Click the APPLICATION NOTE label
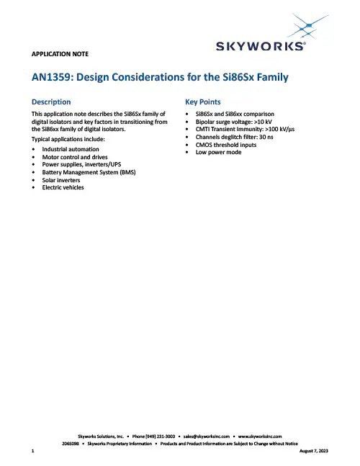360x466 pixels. (x=61, y=54)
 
